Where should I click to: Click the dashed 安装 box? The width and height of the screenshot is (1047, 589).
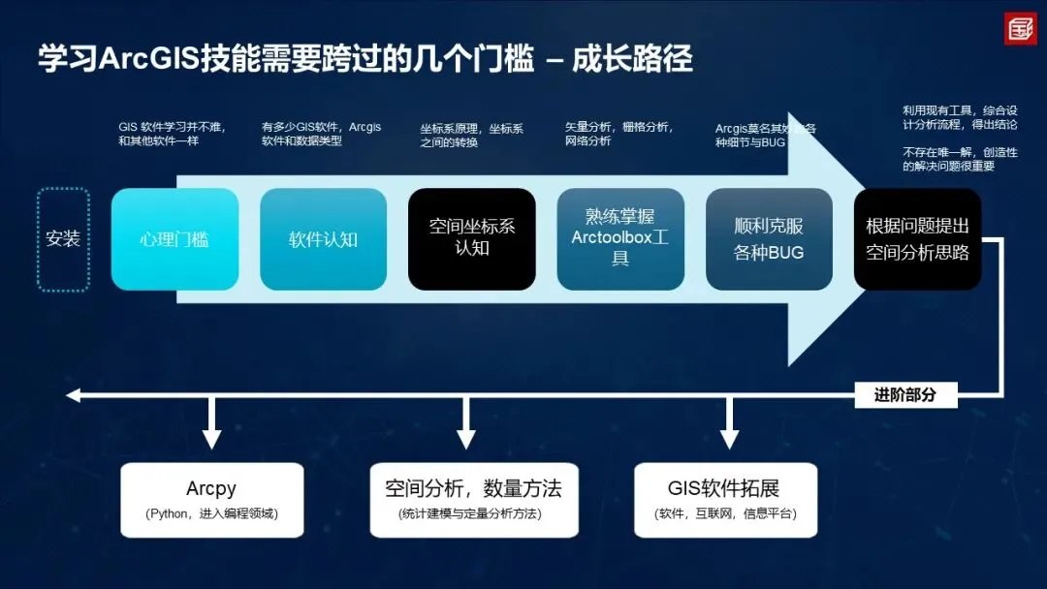coord(63,239)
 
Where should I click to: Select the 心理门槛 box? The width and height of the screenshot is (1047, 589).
coord(174,239)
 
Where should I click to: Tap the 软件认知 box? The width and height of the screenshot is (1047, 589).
coord(323,239)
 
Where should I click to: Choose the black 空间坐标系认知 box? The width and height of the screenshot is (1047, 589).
coord(471,239)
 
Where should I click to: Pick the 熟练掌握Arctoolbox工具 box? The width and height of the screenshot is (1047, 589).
coord(620,239)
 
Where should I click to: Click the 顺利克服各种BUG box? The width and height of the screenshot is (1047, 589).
coord(769,239)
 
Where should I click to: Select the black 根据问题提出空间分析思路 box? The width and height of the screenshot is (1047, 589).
coord(917,239)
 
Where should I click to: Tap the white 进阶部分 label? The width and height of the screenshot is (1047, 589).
coord(906,394)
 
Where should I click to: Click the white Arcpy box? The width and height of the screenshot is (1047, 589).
coord(211,500)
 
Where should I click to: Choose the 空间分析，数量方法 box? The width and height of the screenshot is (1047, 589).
coord(473,500)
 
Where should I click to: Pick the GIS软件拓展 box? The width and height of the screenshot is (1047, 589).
coord(725,500)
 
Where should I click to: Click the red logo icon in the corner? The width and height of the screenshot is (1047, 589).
coord(1019,28)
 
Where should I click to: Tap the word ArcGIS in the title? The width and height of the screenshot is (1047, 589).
coord(149,59)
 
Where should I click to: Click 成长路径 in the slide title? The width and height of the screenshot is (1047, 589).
coord(631,59)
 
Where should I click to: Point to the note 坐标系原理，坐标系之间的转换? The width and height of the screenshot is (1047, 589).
coord(472,135)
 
